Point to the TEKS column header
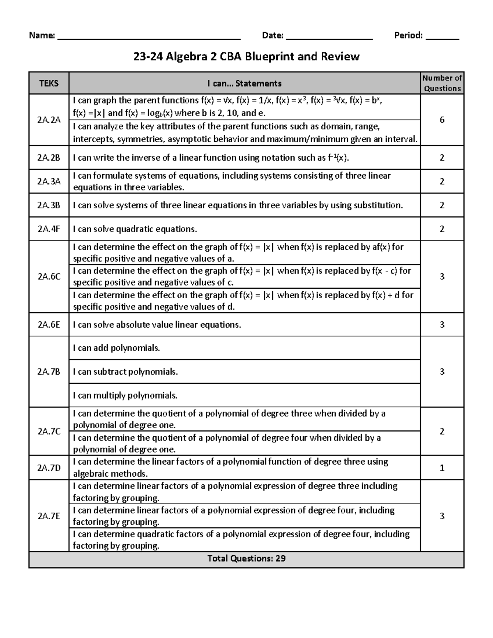click(49, 83)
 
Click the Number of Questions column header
click(442, 83)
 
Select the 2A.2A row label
click(49, 120)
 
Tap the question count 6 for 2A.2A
click(442, 120)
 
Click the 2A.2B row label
click(49, 158)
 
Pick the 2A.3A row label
click(49, 182)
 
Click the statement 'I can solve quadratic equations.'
click(135, 229)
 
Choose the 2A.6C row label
click(49, 276)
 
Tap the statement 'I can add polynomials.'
click(116, 348)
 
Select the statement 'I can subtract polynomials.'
click(125, 372)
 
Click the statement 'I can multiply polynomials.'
click(125, 396)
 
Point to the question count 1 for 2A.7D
click(442, 468)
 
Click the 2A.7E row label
click(49, 516)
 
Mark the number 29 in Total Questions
click(281, 559)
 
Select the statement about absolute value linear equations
click(157, 325)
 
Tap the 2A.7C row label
click(49, 431)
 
